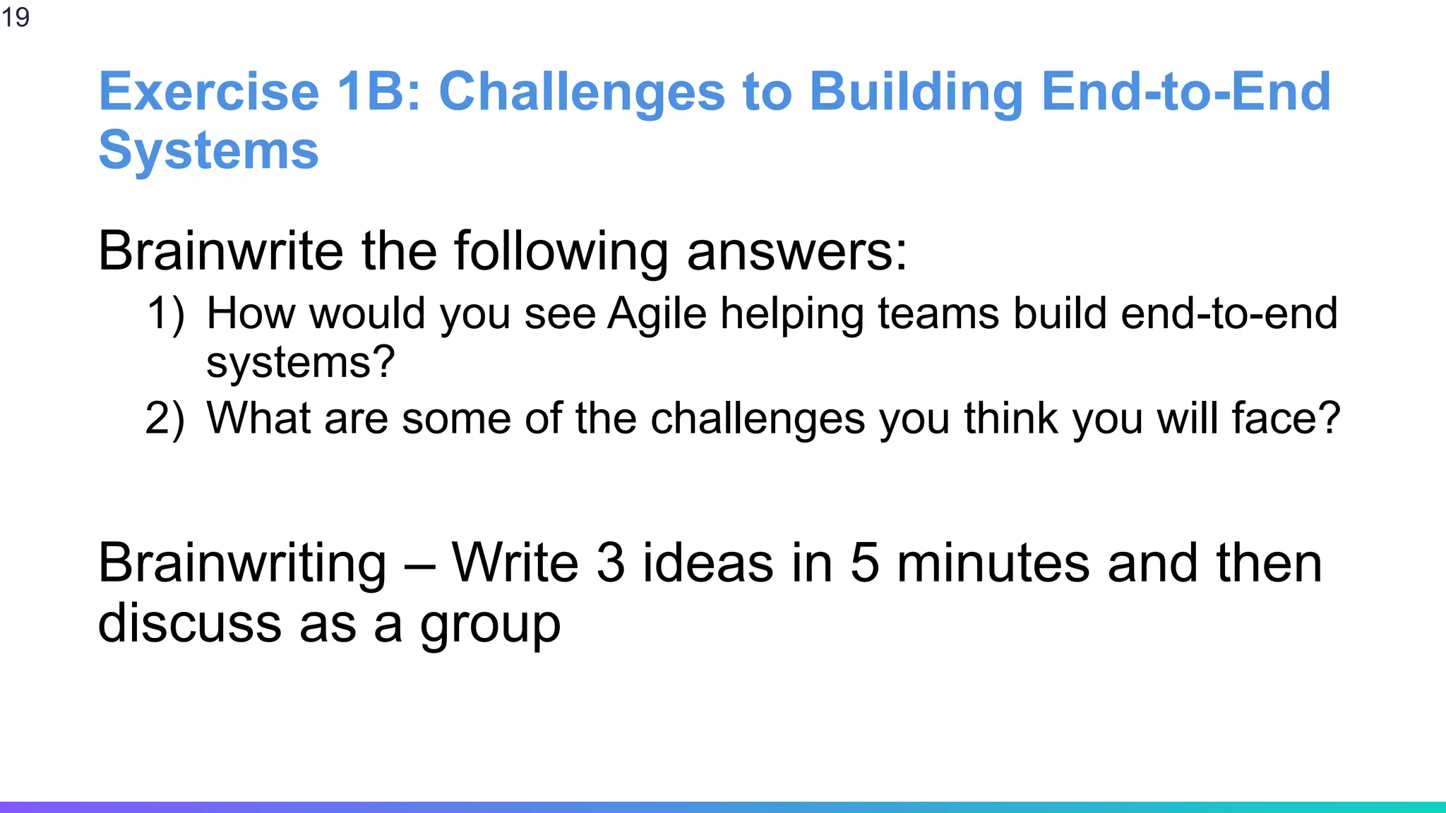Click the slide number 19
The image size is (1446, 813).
(x=16, y=17)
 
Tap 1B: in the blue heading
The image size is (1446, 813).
(x=379, y=92)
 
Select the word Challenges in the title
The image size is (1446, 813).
(x=582, y=92)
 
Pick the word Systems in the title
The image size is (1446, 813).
(x=209, y=150)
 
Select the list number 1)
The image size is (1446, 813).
(x=166, y=313)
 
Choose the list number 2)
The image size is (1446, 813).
(x=165, y=418)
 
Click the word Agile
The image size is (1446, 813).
(x=657, y=313)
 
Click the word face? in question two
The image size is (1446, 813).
(x=1286, y=418)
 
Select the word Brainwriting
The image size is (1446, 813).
(x=242, y=564)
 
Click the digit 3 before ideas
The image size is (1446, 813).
(x=611, y=564)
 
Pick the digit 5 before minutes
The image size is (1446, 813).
(x=865, y=564)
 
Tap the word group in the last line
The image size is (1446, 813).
(x=490, y=625)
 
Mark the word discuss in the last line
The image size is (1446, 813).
(x=190, y=625)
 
